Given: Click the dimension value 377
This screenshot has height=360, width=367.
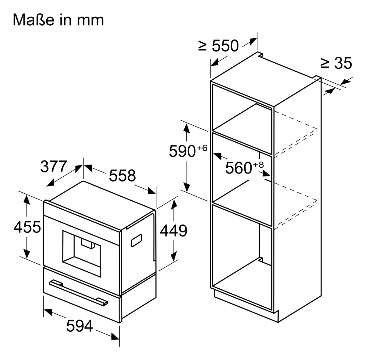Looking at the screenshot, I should click(x=54, y=167).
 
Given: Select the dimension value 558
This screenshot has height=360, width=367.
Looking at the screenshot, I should click(x=122, y=175).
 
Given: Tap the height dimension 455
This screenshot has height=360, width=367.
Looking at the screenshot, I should click(x=27, y=227).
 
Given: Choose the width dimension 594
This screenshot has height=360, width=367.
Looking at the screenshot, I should click(x=80, y=326).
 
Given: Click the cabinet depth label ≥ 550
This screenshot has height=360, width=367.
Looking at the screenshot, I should click(x=219, y=46).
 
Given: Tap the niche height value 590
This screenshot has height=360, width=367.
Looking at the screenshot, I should click(x=182, y=151).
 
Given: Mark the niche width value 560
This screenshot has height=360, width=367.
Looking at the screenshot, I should click(x=238, y=168).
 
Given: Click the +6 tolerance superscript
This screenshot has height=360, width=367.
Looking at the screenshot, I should click(x=201, y=148).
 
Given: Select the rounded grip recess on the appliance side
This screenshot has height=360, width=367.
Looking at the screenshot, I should click(x=136, y=241).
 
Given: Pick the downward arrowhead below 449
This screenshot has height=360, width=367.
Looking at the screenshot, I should click(x=174, y=256).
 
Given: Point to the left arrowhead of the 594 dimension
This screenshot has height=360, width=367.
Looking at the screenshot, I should click(x=47, y=313).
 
